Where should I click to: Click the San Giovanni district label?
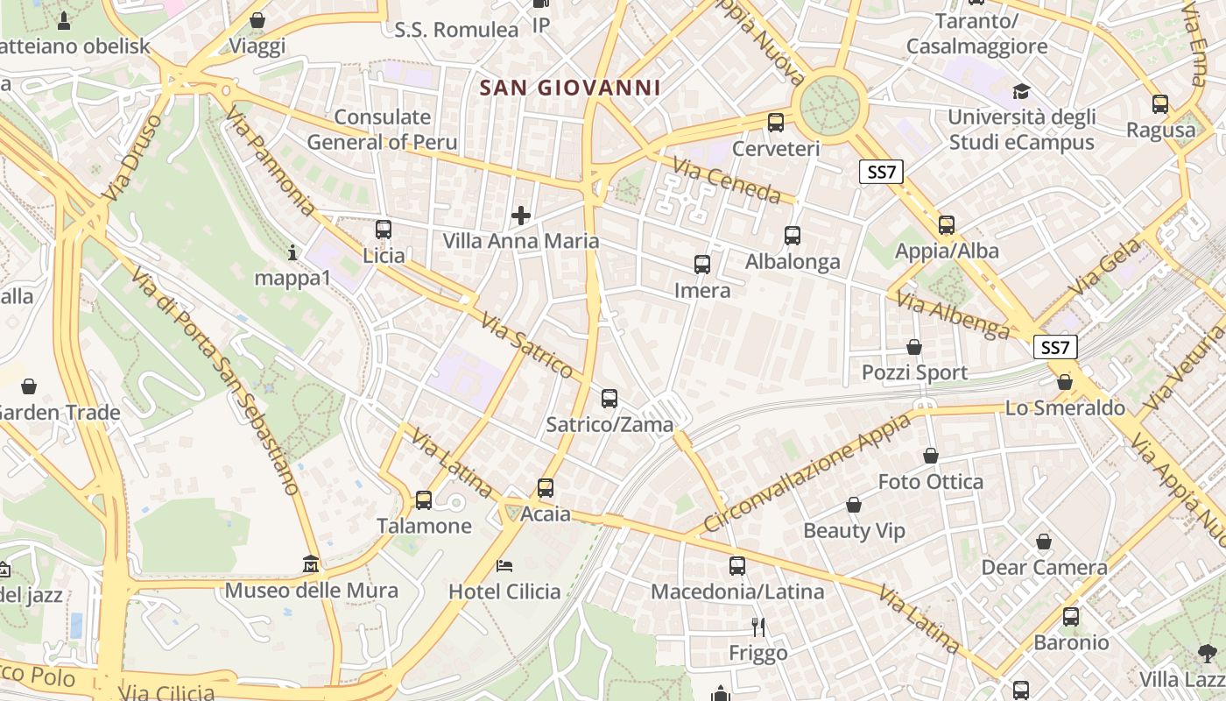tap(570, 88)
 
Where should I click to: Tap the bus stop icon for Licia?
tap(383, 230)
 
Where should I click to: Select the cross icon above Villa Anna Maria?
tap(521, 215)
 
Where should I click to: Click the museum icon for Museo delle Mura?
tap(311, 563)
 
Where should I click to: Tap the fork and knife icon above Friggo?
tap(758, 627)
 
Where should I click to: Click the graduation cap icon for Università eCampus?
tap(1021, 91)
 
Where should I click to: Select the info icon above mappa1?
tap(292, 252)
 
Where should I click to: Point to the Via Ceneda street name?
tap(726, 180)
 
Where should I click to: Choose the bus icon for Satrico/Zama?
tap(609, 399)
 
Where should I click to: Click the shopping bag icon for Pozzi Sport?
tap(914, 347)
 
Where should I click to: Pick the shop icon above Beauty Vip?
tap(854, 505)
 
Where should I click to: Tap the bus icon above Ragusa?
tap(1160, 104)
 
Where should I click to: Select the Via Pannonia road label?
tap(270, 163)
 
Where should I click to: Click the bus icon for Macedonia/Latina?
tap(737, 566)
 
